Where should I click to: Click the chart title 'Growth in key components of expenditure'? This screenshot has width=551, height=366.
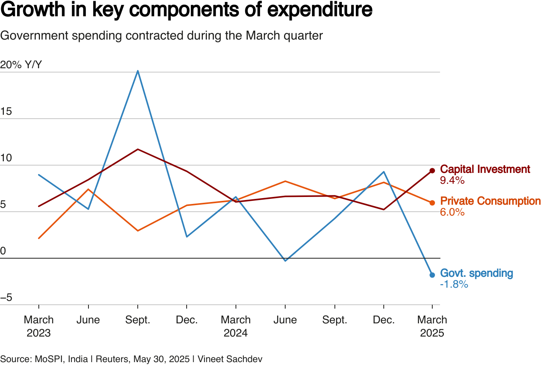[x=186, y=10]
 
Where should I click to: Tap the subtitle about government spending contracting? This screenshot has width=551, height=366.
[x=161, y=36]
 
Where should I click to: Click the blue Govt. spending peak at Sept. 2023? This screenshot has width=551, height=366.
[x=138, y=71]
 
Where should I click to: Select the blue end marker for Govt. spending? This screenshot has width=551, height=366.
[x=432, y=275]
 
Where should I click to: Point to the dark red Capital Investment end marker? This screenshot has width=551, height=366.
[x=432, y=171]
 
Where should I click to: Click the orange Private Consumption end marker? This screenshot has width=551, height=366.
[x=432, y=202]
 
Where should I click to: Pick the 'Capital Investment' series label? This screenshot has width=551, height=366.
[x=485, y=169]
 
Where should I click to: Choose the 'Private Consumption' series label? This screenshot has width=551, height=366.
[x=490, y=201]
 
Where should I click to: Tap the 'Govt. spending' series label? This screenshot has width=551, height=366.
[x=476, y=273]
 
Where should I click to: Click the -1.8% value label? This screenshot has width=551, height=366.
[x=454, y=285]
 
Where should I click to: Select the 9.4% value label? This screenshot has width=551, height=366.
[x=452, y=181]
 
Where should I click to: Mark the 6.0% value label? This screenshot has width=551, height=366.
[x=452, y=212]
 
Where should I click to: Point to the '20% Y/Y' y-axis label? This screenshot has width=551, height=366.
[x=21, y=65]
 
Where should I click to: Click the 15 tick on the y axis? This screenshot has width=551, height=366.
[x=6, y=112]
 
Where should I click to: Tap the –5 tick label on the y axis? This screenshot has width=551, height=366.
[x=6, y=298]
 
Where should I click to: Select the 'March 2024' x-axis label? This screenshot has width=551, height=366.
[x=236, y=326]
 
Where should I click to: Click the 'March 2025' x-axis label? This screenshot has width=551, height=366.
[x=432, y=326]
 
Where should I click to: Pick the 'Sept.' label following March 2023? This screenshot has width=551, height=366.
[x=138, y=320]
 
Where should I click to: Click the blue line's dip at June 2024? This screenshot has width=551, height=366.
[x=285, y=261]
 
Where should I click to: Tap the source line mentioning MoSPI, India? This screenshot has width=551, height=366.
[x=131, y=359]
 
